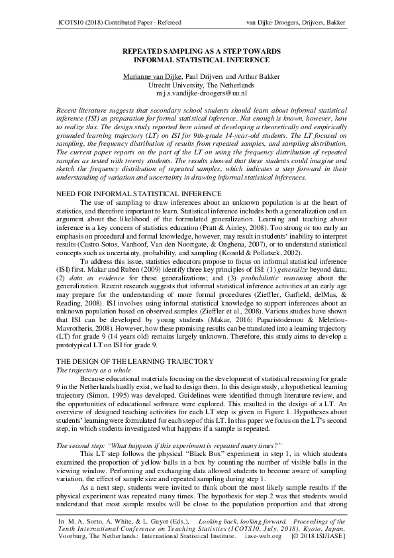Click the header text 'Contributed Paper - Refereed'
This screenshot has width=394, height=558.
(x=132, y=23)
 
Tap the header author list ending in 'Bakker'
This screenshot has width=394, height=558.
(x=296, y=23)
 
